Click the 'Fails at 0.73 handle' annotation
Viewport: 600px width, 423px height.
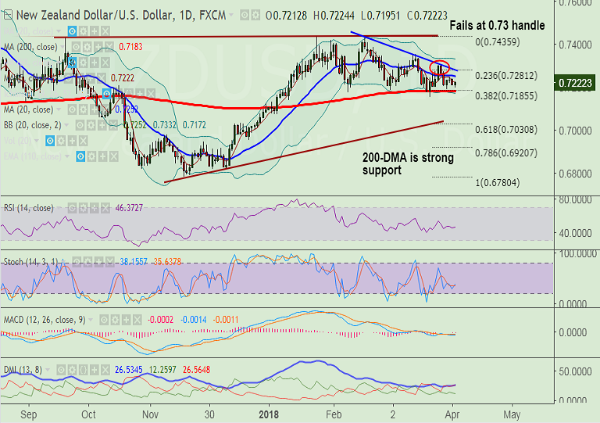tap(497, 26)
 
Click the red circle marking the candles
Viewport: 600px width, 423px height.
tap(440, 68)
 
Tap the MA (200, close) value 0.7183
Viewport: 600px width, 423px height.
tap(131, 46)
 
